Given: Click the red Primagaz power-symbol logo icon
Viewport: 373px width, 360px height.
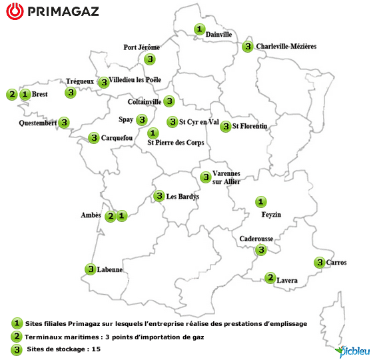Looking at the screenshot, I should (16, 12).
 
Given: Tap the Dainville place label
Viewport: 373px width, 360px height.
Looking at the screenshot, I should (219, 35).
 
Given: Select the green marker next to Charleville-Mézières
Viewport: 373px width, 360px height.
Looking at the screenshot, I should (248, 47).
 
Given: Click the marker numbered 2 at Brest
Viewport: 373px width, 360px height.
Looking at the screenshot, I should (12, 94).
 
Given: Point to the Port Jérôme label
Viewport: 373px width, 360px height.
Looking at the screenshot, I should (142, 47).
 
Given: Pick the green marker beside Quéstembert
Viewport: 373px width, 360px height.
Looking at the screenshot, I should (64, 123).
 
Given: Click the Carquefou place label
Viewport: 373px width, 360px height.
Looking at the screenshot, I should (117, 138).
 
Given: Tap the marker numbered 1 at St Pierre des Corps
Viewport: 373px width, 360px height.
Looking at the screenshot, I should (153, 133).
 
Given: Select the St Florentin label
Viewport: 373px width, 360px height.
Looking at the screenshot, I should (250, 126).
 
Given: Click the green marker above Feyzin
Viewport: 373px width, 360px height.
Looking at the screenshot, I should (261, 201).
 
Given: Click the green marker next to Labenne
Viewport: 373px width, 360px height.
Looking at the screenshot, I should (91, 269).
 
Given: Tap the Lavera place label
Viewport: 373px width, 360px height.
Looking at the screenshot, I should (287, 281).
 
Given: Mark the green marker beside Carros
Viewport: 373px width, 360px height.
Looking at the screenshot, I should (320, 263).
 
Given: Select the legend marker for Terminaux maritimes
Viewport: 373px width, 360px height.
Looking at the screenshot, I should (17, 337).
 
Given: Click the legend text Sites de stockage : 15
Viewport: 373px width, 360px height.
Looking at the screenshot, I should (61, 349).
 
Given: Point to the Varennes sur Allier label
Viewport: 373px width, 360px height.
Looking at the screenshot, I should (226, 177).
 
